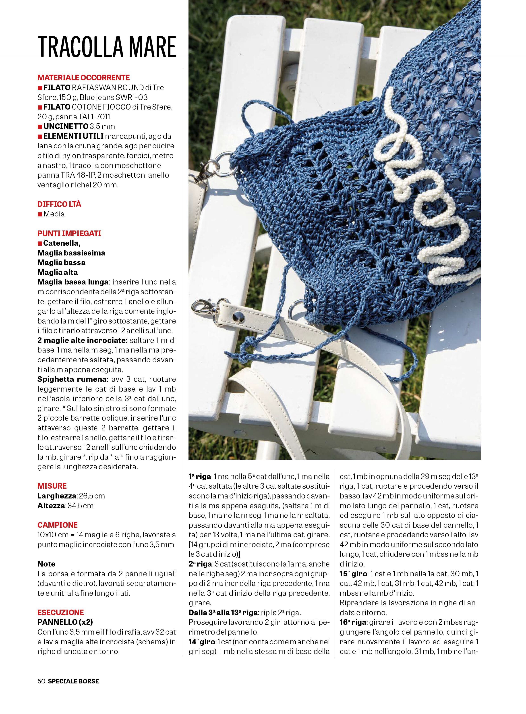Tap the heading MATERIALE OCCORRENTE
(x=83, y=78)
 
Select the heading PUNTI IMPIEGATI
(x=69, y=233)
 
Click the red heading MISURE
(x=52, y=486)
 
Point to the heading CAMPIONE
(x=57, y=525)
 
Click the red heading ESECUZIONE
(x=60, y=612)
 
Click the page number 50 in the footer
(x=41, y=681)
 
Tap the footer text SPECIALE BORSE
(x=73, y=681)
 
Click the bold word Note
(x=46, y=564)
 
